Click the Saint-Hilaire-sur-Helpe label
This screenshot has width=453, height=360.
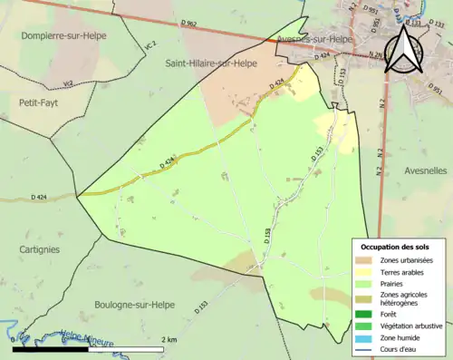[x=210, y=63]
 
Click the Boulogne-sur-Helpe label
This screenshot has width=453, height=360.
[x=135, y=305]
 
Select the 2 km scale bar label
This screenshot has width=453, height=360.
[x=169, y=340]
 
